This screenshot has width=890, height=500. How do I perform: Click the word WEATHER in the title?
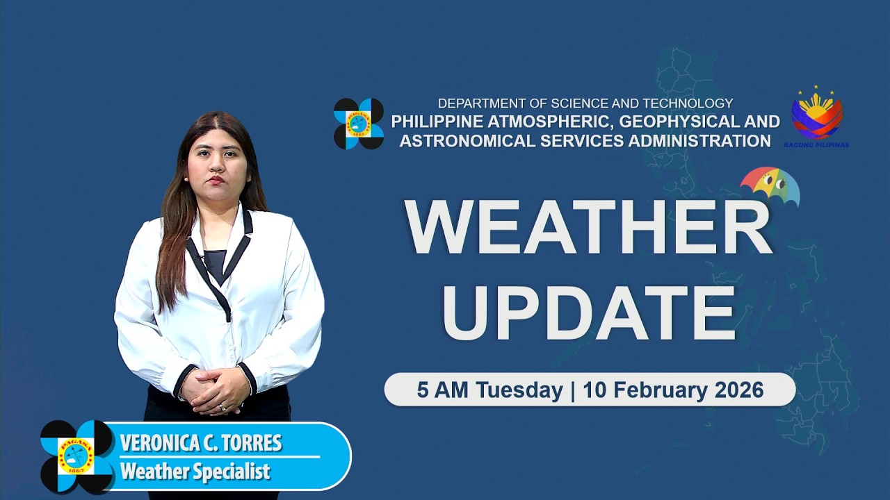click(x=588, y=227)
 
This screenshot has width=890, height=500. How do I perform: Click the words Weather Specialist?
click(x=195, y=472)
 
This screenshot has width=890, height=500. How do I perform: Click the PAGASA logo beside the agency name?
click(x=359, y=124)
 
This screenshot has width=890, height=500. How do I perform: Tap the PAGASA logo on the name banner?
click(x=76, y=456)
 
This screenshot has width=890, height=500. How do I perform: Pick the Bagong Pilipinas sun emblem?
click(x=816, y=115)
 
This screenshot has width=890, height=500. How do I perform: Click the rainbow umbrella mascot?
click(x=770, y=184)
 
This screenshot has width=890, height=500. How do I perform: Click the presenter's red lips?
click(x=216, y=181)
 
